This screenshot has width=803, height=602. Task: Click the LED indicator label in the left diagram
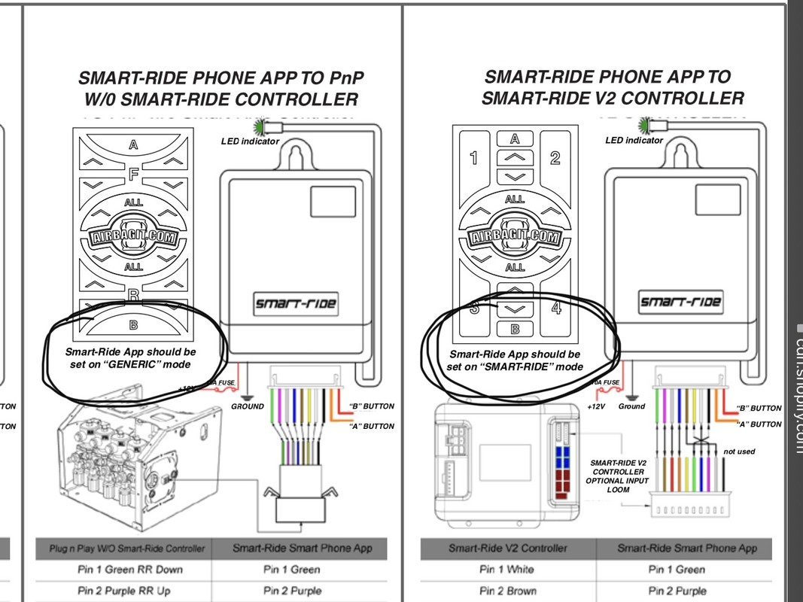click(x=250, y=141)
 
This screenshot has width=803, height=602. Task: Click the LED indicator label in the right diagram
click(x=634, y=140)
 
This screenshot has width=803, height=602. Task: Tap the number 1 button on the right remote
click(x=473, y=158)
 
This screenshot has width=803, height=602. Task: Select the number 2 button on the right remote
click(x=555, y=158)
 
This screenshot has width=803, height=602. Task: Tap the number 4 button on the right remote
click(x=556, y=307)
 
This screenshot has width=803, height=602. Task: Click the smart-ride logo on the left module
click(x=295, y=305)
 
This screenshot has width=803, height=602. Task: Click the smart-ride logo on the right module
click(x=680, y=303)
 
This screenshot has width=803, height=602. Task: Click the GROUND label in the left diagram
click(x=247, y=406)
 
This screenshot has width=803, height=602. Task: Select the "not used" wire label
click(x=739, y=451)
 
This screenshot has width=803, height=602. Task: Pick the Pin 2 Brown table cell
click(x=506, y=591)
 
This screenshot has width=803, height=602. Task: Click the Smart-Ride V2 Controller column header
click(x=507, y=548)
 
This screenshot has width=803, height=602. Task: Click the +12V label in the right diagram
click(x=596, y=406)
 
